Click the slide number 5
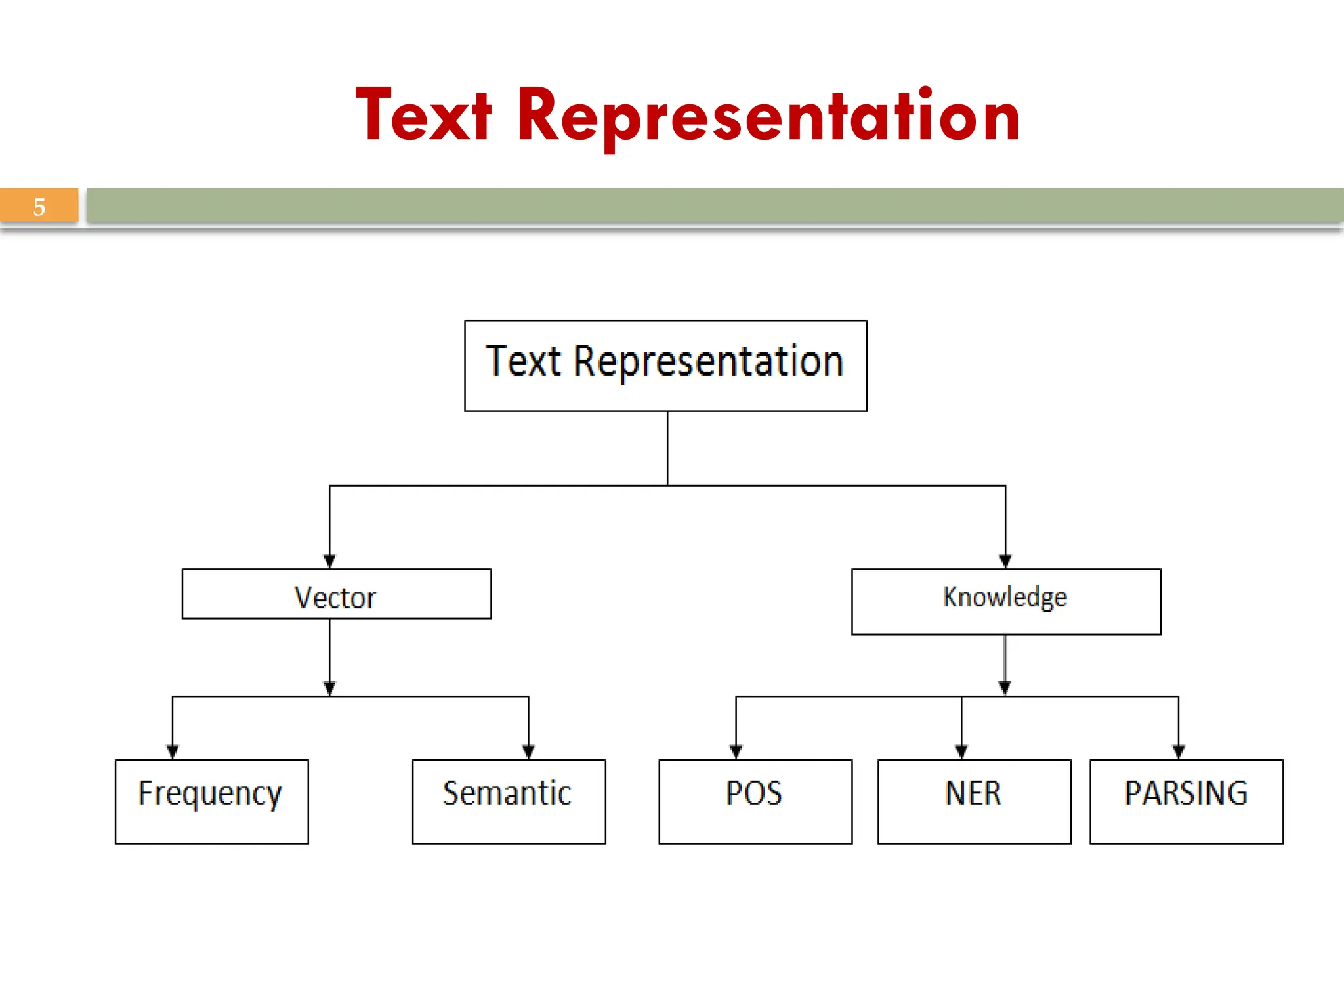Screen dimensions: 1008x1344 [39, 207]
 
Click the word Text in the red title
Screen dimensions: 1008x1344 [423, 116]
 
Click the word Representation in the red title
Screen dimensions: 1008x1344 [768, 116]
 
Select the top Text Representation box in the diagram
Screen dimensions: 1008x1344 [665, 366]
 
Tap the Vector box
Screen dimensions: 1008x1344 [336, 594]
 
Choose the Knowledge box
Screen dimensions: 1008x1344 [1006, 601]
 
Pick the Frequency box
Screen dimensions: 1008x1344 [211, 801]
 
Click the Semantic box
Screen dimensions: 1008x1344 [509, 801]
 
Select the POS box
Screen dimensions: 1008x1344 [755, 801]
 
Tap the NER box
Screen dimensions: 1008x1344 [974, 801]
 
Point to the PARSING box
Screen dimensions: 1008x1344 [1186, 801]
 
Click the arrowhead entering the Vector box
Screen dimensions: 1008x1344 [329, 561]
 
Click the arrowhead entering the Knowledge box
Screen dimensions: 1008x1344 [1005, 561]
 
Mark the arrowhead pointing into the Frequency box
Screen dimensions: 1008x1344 [173, 751]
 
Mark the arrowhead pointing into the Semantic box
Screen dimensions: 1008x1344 [528, 751]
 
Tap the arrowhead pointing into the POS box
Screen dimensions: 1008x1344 [736, 751]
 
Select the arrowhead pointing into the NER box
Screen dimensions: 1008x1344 [961, 751]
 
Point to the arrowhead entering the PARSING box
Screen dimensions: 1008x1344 [1178, 751]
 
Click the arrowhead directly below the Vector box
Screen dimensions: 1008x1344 [329, 688]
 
